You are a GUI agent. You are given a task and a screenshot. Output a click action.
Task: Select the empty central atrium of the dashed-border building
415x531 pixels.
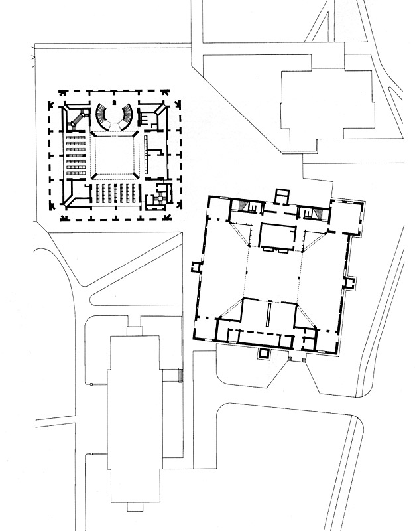(x=115, y=154)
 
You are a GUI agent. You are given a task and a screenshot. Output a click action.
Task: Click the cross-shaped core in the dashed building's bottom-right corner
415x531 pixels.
(x=158, y=198)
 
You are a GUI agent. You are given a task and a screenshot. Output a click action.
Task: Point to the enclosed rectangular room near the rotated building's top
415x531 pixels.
(x=276, y=236)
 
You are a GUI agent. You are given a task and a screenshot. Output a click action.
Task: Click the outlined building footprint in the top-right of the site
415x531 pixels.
(x=326, y=106)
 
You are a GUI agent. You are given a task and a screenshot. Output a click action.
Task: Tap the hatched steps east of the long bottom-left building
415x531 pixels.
(x=180, y=376)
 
